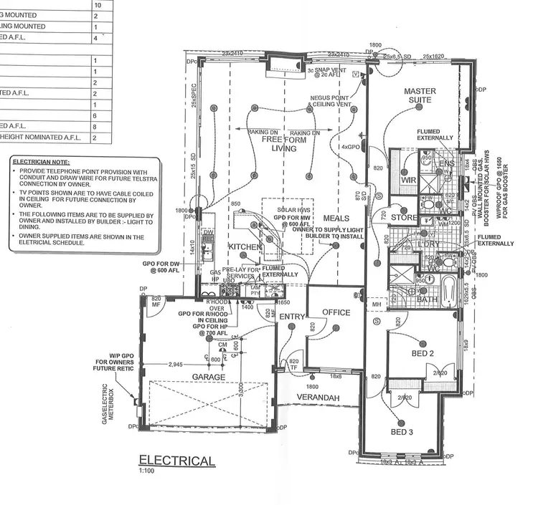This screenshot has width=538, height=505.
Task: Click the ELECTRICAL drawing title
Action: tap(176, 460)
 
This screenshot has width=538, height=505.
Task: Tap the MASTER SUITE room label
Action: tap(420, 96)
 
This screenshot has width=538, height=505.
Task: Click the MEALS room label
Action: tap(336, 218)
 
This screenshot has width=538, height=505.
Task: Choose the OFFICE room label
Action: tap(336, 312)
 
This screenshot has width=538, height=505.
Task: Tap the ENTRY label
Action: tap(292, 316)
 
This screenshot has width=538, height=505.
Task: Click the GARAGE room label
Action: tap(208, 377)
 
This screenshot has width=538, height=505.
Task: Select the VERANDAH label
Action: tap(319, 397)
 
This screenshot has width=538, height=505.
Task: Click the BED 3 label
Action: tap(402, 432)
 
